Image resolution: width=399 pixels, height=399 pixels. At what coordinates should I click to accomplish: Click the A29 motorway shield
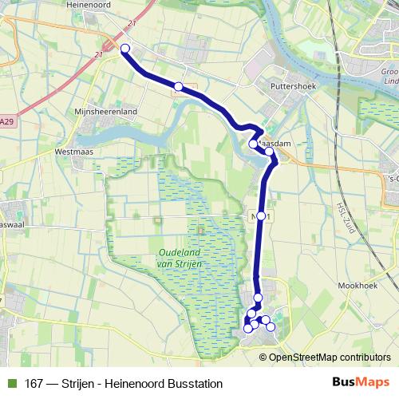pos(6,121)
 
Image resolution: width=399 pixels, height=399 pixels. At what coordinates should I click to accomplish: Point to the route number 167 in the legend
pos(34,384)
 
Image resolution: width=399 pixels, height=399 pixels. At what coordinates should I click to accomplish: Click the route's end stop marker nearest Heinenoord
pos(125,49)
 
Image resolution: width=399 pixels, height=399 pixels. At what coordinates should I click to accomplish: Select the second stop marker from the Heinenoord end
pos(179,86)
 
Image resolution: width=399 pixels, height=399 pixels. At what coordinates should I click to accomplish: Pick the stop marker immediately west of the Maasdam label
pos(253,144)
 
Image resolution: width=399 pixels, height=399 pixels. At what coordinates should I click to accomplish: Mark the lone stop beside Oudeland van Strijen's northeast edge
pos(261,216)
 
